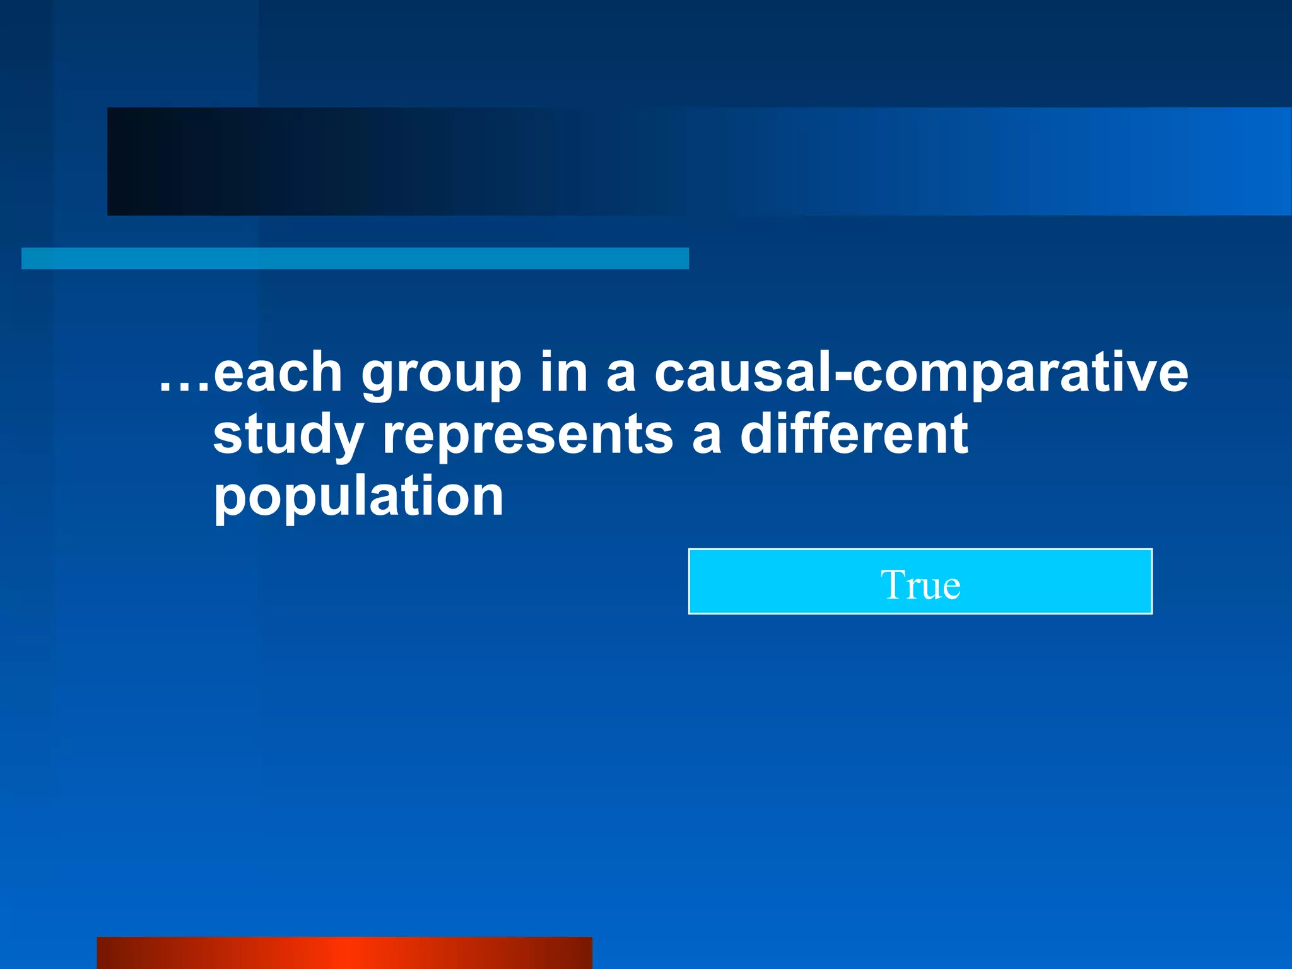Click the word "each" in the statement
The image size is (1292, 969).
278,373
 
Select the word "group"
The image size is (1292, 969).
441,376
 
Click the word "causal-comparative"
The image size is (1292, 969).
921,374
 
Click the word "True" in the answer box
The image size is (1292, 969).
920,585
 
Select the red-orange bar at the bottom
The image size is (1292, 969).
344,953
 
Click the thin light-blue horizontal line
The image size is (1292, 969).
355,258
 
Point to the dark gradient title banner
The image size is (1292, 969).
699,161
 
